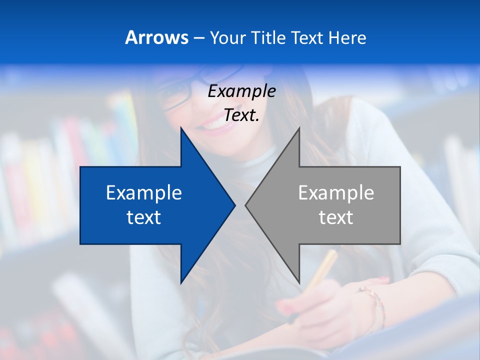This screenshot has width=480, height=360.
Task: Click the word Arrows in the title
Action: (x=156, y=37)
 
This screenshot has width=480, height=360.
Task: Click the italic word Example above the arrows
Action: (x=241, y=91)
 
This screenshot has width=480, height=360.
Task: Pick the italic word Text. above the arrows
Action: (x=241, y=115)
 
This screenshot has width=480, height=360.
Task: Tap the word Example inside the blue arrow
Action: (x=144, y=193)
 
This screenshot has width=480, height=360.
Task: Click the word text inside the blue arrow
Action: (x=144, y=217)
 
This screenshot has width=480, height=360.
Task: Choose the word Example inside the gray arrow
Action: (x=336, y=193)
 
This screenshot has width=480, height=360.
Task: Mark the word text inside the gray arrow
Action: (x=336, y=217)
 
